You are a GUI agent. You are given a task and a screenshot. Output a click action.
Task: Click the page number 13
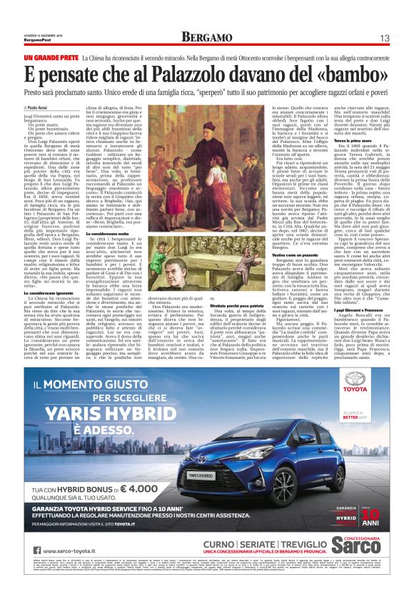pos(383,37)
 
